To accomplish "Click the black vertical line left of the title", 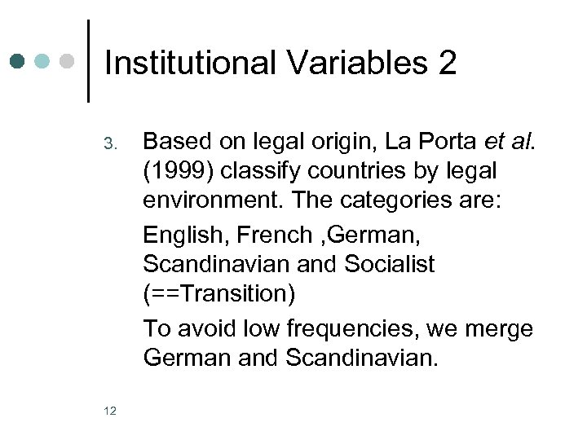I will click(x=87, y=61).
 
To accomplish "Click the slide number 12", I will click(x=110, y=411).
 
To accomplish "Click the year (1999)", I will click(x=174, y=172).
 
